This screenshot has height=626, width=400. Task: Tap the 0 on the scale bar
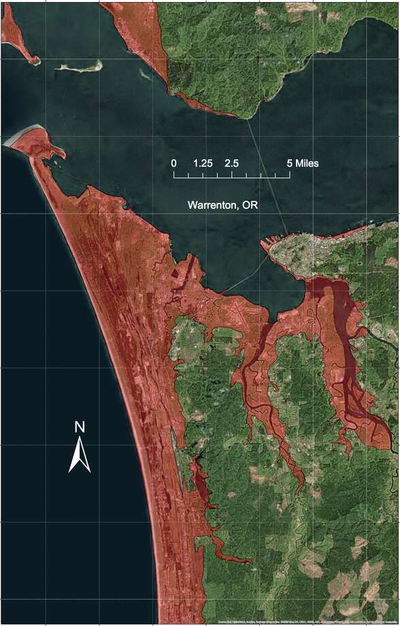pyautogui.click(x=174, y=163)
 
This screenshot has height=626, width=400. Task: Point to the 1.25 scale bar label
pyautogui.click(x=203, y=163)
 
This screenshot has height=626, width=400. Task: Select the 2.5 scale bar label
pyautogui.click(x=231, y=163)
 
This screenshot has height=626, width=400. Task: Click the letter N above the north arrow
pyautogui.click(x=80, y=427)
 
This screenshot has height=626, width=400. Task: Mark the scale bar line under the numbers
pyautogui.click(x=232, y=176)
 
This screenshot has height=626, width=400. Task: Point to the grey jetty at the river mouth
pyautogui.click(x=16, y=136)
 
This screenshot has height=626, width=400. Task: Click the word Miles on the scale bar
pyautogui.click(x=307, y=163)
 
